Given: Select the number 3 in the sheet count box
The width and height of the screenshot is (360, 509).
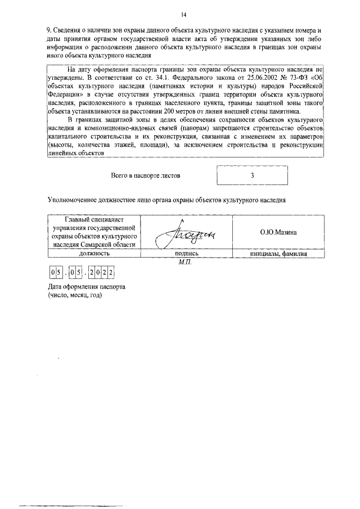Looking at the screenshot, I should click(253, 175).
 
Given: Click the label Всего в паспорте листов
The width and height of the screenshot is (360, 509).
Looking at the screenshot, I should click(146, 175).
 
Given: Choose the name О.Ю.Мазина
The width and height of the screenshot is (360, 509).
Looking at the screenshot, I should click(278, 232).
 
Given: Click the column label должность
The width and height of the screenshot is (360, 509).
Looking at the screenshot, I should click(94, 254).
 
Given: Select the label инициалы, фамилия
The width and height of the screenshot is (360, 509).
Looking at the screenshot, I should click(278, 254).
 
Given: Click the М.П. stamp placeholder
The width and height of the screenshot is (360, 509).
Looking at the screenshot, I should click(184, 262).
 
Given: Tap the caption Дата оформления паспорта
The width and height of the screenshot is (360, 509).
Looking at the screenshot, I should click(86, 287).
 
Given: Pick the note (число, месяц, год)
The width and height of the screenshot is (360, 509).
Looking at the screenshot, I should click(75, 296).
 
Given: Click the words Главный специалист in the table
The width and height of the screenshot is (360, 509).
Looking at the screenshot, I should click(94, 219).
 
